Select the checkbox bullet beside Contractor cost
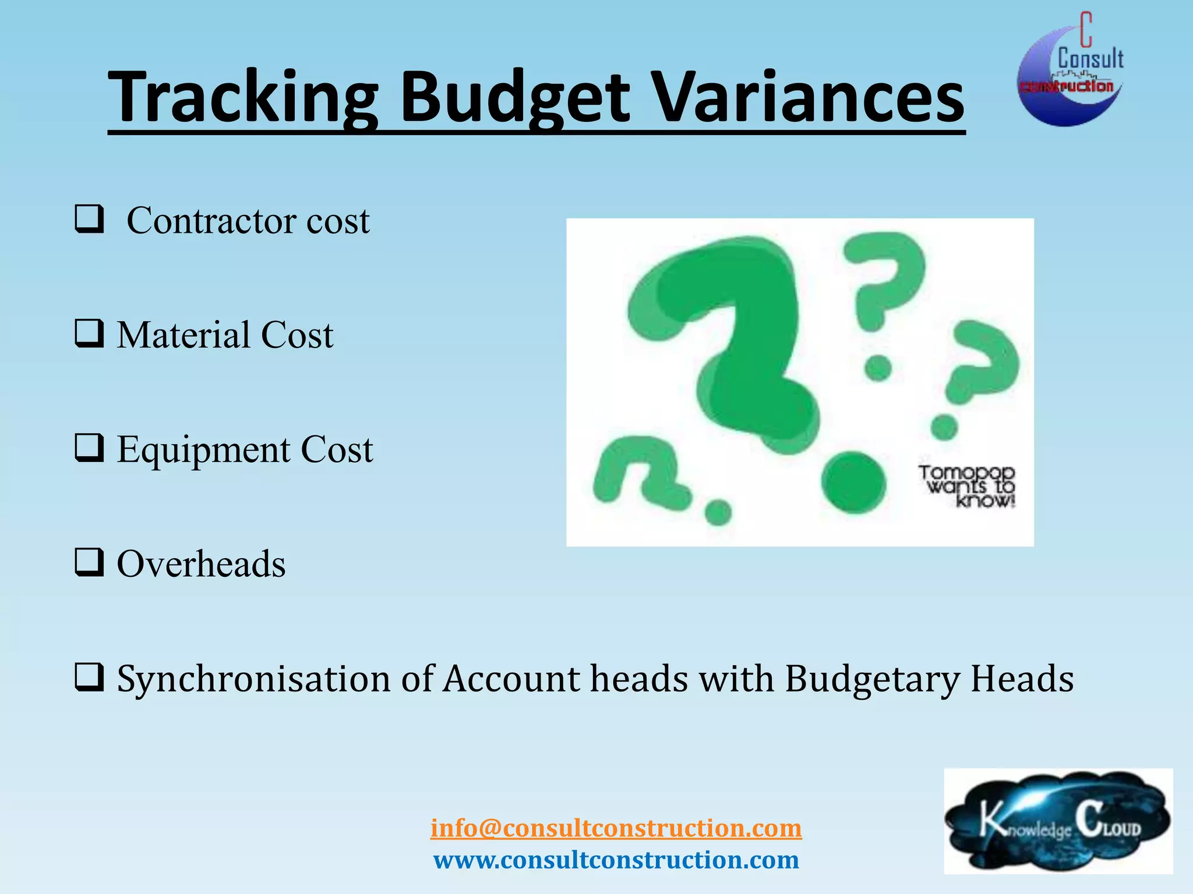point(89,219)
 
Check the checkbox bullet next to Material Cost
point(89,334)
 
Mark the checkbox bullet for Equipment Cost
point(89,449)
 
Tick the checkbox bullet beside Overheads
point(89,563)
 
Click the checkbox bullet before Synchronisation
point(89,677)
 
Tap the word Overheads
point(201,564)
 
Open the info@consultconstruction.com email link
point(616,828)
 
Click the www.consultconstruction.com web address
point(616,860)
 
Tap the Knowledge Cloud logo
point(1057,821)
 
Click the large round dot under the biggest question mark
point(853,483)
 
